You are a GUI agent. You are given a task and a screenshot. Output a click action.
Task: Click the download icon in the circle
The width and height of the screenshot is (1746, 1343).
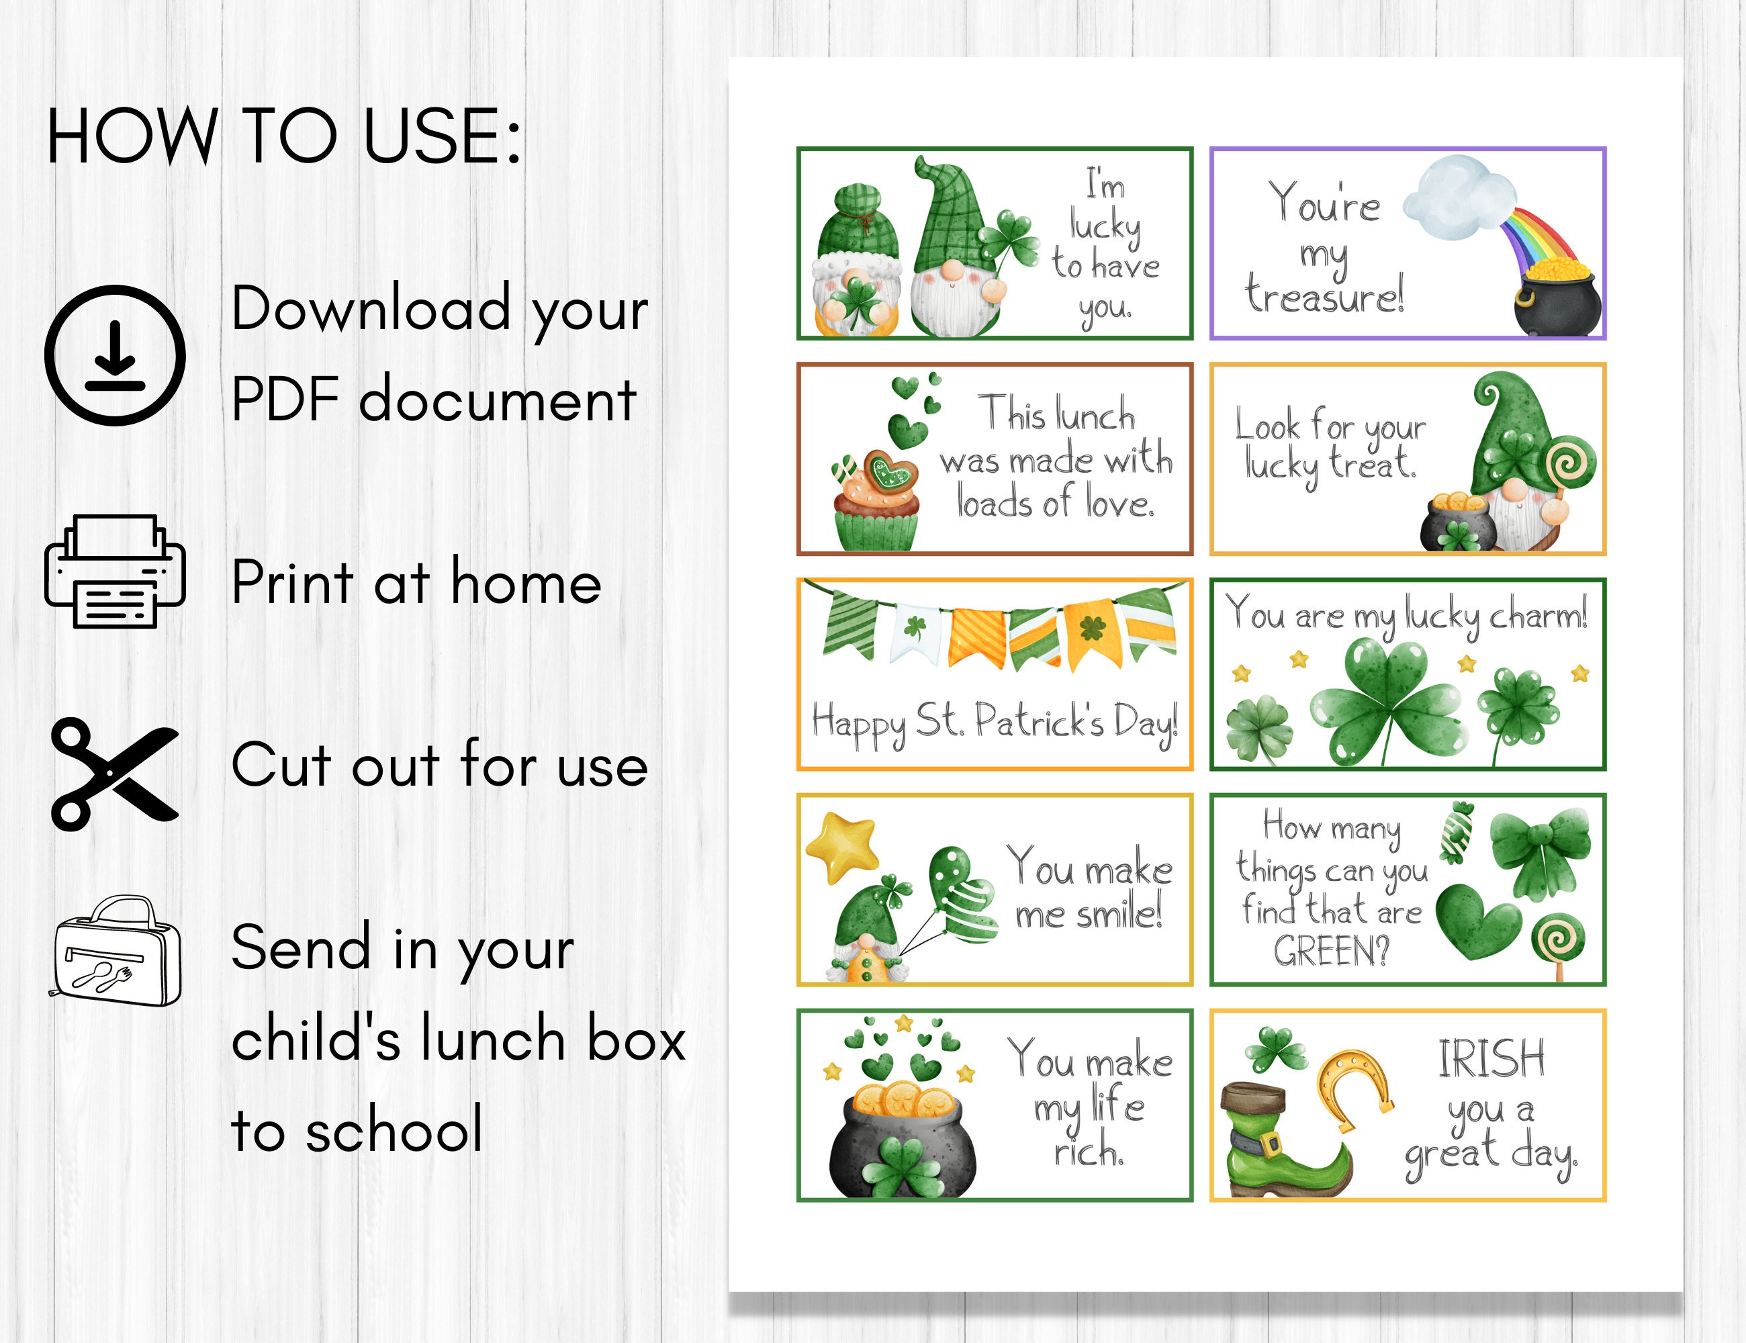[115, 355]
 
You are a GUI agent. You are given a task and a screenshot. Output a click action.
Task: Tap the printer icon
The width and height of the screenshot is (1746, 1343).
[115, 571]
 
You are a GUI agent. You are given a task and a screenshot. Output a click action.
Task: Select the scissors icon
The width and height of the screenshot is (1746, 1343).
[113, 773]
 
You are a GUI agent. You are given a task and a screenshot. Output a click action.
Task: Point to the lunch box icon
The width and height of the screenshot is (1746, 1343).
[118, 952]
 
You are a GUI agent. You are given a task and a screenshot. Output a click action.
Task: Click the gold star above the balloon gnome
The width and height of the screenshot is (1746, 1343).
[842, 846]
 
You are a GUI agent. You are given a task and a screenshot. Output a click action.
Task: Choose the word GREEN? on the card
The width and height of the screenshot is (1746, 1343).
[1331, 952]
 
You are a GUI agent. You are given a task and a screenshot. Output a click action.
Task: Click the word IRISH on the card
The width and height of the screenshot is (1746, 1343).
[1491, 1059]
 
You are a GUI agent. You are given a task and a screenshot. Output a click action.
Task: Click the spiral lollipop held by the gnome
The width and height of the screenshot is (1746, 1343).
[1571, 463]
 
